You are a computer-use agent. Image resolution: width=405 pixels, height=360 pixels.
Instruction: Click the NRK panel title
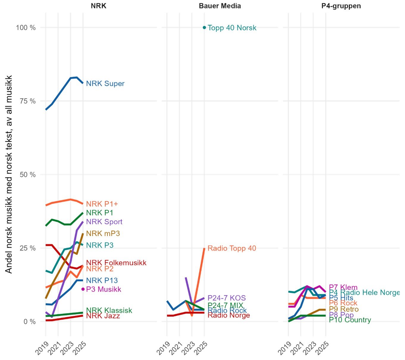click(x=98, y=6)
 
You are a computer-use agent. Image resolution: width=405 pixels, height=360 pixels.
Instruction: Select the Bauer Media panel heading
click(x=220, y=6)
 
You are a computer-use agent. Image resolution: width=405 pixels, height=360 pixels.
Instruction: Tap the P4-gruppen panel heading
click(x=341, y=6)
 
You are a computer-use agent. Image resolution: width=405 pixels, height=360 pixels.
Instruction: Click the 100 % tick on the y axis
click(x=26, y=28)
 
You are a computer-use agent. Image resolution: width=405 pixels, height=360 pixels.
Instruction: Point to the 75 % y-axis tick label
click(x=28, y=101)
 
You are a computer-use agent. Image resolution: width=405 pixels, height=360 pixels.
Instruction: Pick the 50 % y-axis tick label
click(x=28, y=175)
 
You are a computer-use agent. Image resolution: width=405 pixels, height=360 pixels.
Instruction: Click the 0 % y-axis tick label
click(x=29, y=322)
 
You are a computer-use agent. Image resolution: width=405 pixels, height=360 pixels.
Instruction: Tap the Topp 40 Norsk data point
click(x=204, y=28)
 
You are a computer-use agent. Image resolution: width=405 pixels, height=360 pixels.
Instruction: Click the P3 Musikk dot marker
click(x=83, y=289)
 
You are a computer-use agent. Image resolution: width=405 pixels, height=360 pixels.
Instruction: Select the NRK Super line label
click(x=105, y=84)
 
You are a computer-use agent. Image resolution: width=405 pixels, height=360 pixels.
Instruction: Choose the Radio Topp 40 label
click(x=232, y=248)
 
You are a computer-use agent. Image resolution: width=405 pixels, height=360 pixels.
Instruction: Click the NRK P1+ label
click(x=102, y=204)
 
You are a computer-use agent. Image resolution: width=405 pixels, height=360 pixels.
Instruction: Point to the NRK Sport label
click(x=104, y=222)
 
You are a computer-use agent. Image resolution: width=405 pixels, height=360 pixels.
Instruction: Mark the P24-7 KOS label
click(x=226, y=298)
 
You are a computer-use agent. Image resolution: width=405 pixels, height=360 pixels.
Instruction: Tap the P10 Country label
click(x=350, y=320)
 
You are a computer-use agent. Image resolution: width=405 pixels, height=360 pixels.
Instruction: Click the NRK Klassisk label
click(x=109, y=310)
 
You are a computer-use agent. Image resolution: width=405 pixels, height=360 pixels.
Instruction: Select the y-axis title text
click(x=9, y=174)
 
